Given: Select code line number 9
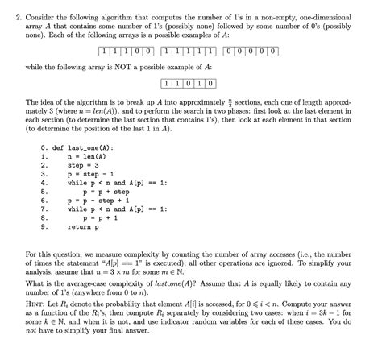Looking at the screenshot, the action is (43, 226).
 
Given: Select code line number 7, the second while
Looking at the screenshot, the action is (43, 209).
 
